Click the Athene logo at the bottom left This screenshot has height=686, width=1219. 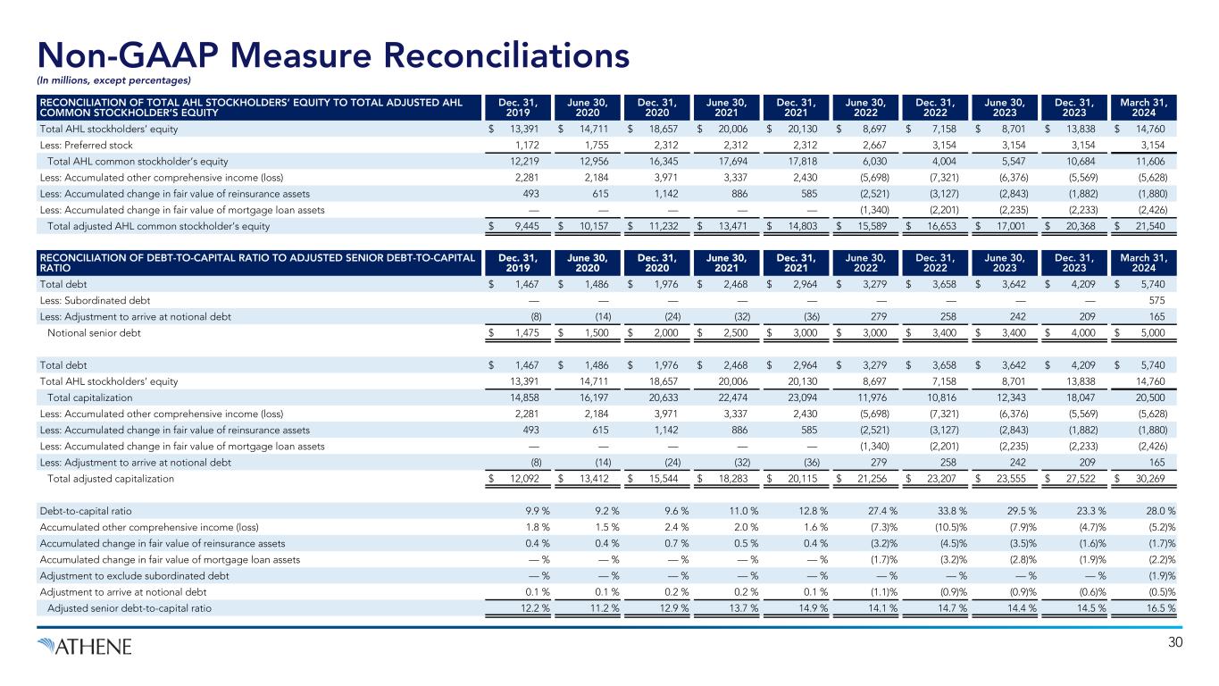[x=84, y=645]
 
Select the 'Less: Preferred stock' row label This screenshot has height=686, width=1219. [x=86, y=146]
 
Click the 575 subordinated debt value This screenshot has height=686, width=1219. [x=1160, y=300]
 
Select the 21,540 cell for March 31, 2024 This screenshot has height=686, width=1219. [x=1156, y=226]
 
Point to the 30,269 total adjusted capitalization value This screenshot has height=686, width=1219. [x=1156, y=478]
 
